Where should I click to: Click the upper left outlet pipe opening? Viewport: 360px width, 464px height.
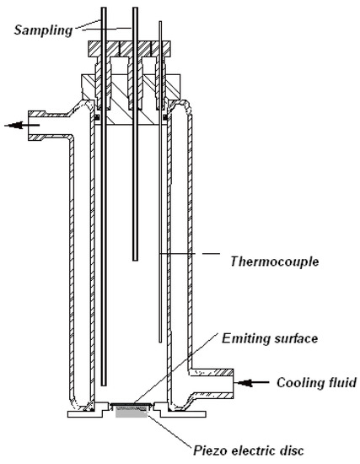[x=34, y=123]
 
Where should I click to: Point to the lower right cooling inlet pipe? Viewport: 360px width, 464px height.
[x=218, y=383]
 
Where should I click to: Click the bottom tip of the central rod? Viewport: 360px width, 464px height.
[x=135, y=259]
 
